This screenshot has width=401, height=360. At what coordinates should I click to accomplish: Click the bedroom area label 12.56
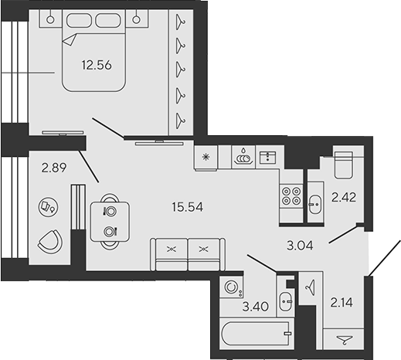coord(97,65)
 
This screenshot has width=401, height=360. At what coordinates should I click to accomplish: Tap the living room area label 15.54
coord(188,207)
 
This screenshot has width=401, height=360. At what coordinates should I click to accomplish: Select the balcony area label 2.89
coord(54,168)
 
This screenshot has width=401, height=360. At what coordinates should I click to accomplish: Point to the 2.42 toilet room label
coord(344,198)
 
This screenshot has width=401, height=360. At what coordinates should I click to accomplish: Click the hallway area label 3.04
coord(300,246)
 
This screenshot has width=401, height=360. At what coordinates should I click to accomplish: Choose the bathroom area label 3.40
coord(256,307)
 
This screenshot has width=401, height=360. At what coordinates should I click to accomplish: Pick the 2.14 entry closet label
coord(342,302)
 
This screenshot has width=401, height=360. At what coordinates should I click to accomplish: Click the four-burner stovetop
coord(291,196)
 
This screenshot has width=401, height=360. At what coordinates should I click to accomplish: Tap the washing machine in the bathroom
coord(231,287)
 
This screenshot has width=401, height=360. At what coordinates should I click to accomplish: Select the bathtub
coord(257,334)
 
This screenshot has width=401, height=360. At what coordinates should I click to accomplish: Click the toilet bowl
coord(343,165)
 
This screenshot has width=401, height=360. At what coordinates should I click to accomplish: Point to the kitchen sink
coord(267,157)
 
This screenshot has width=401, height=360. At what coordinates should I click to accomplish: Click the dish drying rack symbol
coord(243,156)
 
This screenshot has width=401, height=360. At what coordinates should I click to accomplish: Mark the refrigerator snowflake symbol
coord(206,157)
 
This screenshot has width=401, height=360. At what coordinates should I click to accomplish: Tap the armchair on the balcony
coord(50,241)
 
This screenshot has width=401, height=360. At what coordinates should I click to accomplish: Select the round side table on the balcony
coord(48,207)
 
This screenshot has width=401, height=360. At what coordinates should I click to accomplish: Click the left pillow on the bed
coord(79,20)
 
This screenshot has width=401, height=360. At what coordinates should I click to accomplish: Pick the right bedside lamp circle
coord(137,19)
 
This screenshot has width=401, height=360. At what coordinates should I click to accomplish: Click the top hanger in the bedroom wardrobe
coord(180,22)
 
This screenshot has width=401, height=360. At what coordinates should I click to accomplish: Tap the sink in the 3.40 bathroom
coord(286,301)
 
